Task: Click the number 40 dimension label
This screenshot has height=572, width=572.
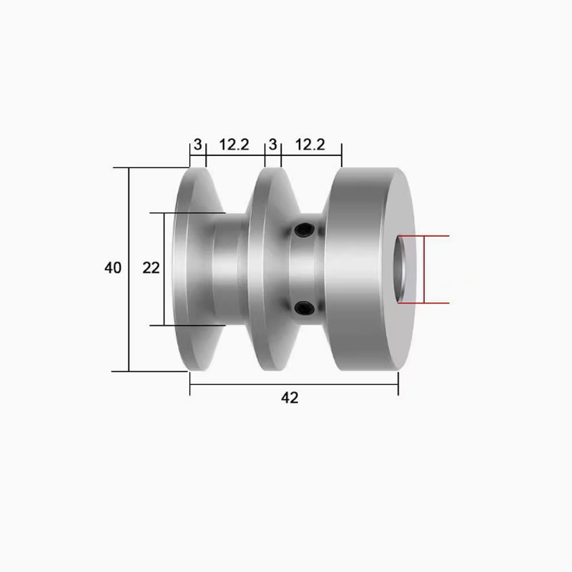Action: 113,268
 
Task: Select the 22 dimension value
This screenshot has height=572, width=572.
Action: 151,268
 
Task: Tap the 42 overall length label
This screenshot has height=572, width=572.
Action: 290,398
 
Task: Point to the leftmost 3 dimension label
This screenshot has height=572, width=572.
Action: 197,144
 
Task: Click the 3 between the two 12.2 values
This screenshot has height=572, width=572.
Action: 272,144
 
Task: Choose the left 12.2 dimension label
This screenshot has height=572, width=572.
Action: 234,144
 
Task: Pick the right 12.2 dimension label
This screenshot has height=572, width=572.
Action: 310,144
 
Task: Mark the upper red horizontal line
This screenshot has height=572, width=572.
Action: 425,235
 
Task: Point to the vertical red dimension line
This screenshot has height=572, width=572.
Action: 425,270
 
